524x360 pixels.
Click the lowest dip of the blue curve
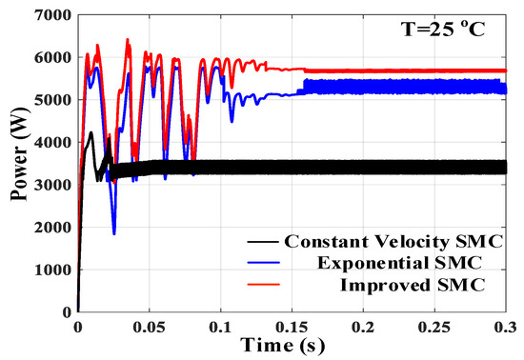[x=114, y=233]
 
